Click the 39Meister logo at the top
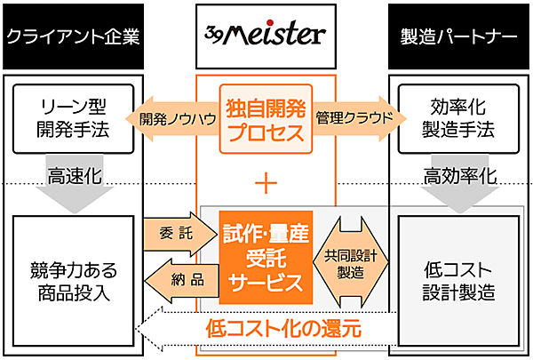click(266, 35)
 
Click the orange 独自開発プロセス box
click(266, 119)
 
